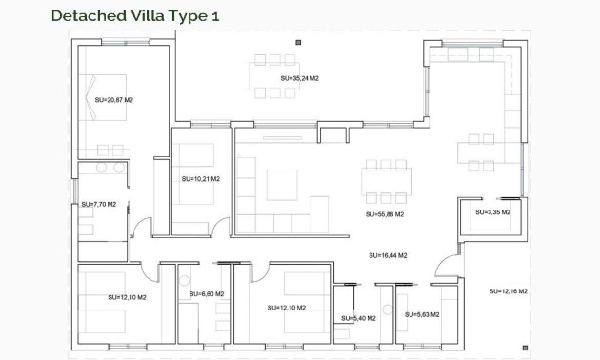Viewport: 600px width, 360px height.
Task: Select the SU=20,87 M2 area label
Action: pos(113,99)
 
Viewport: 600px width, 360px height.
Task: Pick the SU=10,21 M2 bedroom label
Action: pos(200,178)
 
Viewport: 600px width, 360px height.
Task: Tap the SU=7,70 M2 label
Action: pos(98,204)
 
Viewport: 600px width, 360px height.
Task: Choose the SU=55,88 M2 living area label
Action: pos(385,215)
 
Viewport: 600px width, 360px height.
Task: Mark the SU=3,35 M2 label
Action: pos(491,212)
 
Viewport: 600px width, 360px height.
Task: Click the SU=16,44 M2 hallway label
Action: pos(388,255)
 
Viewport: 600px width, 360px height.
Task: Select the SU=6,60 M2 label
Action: pos(206,294)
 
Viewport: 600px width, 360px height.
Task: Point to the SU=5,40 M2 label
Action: pos(358,318)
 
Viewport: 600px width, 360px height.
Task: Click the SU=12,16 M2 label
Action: pos(509,290)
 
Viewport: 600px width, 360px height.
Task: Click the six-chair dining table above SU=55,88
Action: pos(388,183)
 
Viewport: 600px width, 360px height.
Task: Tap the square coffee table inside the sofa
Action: pos(283,184)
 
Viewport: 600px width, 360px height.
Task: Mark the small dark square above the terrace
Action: pos(298,42)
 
